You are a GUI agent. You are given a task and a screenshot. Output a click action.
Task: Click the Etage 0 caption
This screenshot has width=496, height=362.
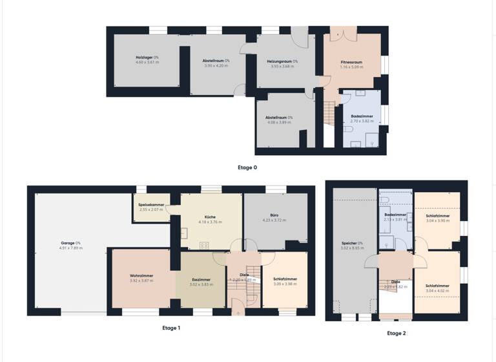coord(247,167)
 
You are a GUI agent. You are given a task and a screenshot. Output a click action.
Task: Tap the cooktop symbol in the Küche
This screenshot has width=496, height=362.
coord(205,245)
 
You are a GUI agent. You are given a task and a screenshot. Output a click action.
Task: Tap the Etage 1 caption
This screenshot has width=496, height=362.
coord(171,328)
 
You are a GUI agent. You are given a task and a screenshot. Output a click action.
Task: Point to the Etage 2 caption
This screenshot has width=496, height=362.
coord(396,334)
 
